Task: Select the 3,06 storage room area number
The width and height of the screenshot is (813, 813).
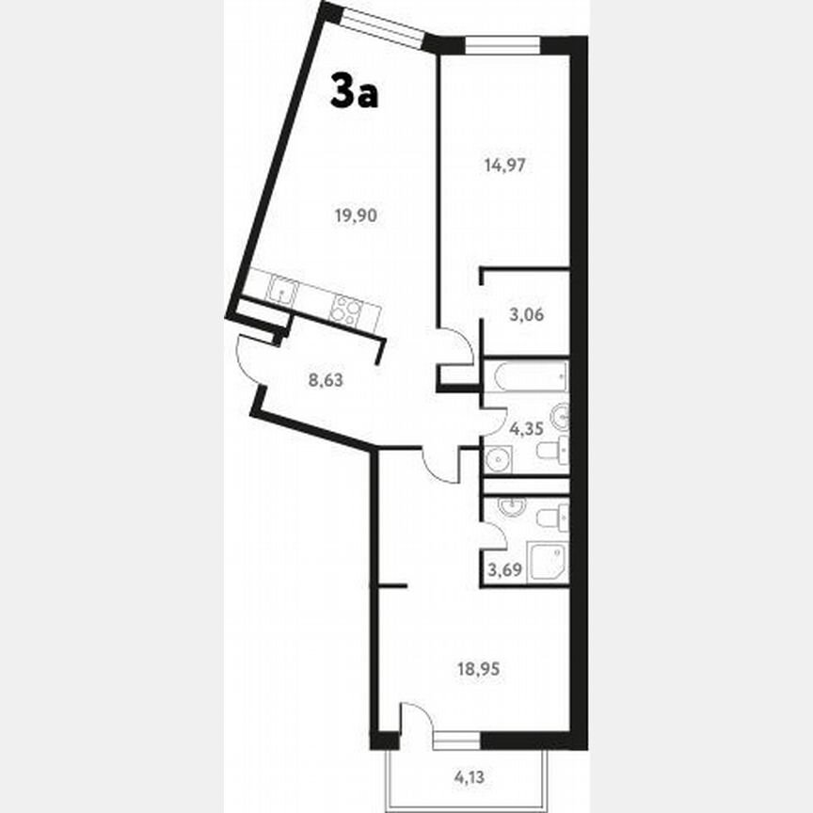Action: tap(526, 315)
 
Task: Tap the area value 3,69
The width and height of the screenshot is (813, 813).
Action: tap(503, 567)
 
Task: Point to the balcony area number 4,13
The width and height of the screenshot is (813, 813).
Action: tap(472, 777)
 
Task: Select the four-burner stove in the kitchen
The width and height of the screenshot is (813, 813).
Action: tap(346, 310)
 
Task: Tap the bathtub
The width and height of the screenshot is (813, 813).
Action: tap(526, 377)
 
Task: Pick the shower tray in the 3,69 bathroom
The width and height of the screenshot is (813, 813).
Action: tap(546, 563)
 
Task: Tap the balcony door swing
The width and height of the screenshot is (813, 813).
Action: tap(412, 721)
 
